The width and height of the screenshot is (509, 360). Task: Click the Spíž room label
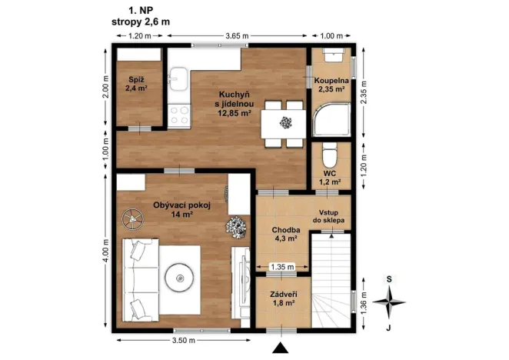point(136,79)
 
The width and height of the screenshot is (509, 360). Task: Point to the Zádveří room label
point(283,294)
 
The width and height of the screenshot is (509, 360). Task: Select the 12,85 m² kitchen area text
point(235,112)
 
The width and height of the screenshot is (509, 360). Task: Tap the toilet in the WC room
point(329,158)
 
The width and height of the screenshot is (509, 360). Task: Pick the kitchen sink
point(178,79)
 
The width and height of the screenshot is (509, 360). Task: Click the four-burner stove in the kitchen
point(179,115)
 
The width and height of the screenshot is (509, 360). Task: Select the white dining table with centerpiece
point(285,122)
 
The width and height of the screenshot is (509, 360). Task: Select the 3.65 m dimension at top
point(237,36)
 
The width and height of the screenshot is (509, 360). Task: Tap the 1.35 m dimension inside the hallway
point(282,267)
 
